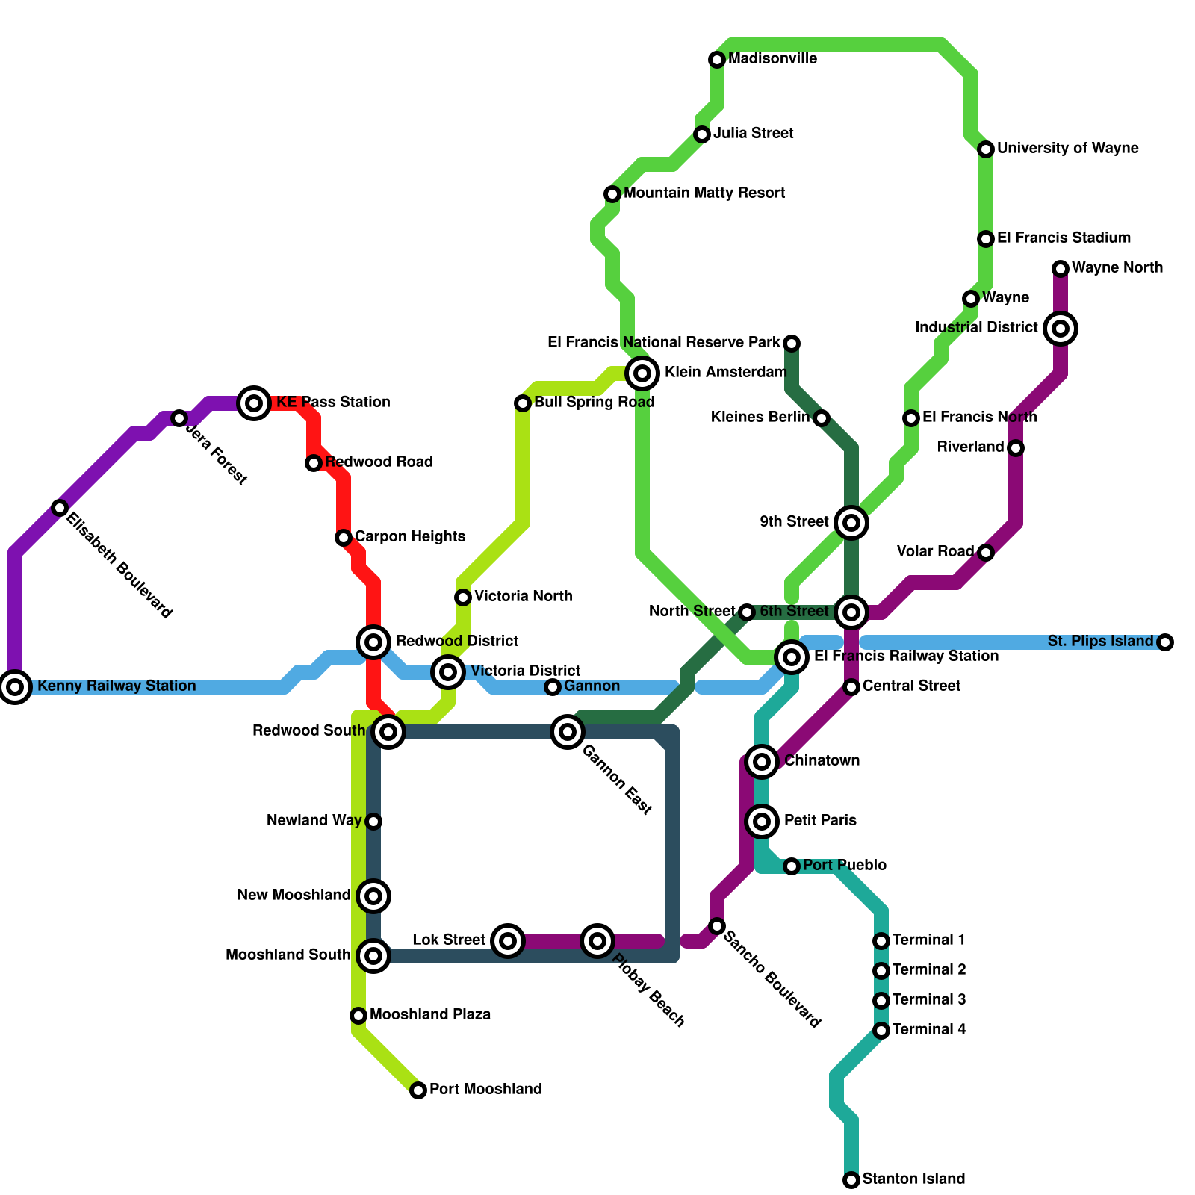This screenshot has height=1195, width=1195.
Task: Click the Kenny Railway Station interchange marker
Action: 15,686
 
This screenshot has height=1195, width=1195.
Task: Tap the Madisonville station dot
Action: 717,59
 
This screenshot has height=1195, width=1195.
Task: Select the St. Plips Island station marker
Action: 1165,642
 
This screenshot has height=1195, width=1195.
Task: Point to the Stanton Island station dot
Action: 851,1179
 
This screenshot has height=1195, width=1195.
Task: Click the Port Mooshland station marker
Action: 418,1090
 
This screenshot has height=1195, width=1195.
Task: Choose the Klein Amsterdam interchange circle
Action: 642,373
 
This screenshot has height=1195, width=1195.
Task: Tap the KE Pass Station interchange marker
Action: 254,403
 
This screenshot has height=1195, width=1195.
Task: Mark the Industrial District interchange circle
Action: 1061,328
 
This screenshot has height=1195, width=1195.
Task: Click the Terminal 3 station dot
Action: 881,1000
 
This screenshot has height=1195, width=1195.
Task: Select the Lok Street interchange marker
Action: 508,940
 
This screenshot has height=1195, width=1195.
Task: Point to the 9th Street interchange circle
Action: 851,522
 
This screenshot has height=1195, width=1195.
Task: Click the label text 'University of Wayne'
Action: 1067,148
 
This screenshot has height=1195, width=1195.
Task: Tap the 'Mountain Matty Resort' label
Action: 704,193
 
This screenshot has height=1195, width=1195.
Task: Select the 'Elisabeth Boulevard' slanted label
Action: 119,565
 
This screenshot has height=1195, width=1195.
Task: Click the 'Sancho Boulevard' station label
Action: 772,978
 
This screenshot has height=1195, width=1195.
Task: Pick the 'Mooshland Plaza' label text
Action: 430,1014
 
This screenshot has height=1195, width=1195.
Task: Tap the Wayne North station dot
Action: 1061,268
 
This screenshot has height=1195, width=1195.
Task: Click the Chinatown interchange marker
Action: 762,761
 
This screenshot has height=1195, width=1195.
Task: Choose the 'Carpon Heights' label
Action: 410,536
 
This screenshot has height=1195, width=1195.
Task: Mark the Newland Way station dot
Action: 373,821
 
